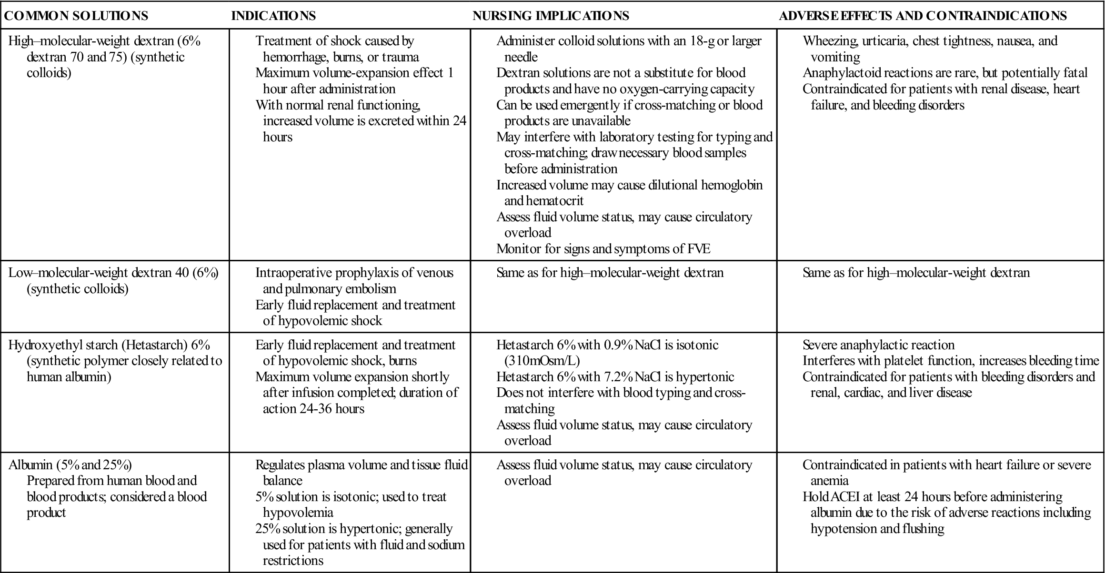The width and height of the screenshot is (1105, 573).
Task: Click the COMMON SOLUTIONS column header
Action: click(x=76, y=16)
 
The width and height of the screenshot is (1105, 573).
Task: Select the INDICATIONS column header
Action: click(x=273, y=16)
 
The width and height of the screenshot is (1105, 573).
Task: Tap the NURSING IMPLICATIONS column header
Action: click(x=551, y=16)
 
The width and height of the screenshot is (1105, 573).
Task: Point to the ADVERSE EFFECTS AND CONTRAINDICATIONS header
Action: click(x=923, y=16)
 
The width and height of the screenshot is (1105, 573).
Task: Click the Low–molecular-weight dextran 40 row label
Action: click(x=113, y=273)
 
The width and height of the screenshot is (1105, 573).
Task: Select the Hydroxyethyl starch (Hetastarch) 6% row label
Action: click(x=109, y=345)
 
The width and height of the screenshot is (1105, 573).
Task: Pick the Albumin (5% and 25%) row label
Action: click(x=70, y=465)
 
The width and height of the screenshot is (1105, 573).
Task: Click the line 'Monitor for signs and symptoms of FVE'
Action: click(x=603, y=248)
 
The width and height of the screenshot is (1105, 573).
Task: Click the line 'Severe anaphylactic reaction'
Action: click(x=878, y=345)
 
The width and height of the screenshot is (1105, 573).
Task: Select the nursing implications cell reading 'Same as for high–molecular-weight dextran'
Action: click(x=610, y=273)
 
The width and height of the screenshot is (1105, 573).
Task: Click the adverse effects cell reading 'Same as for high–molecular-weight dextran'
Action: click(x=916, y=273)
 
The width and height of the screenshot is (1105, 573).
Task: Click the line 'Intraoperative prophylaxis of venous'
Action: click(x=354, y=273)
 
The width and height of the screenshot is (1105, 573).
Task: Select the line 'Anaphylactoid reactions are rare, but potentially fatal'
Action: click(x=945, y=73)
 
